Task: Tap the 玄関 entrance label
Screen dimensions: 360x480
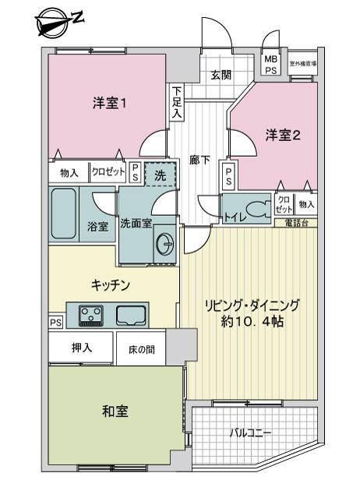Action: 221,75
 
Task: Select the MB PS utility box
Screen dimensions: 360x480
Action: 271,65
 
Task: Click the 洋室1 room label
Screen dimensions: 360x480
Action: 109,103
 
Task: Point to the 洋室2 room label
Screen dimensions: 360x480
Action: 283,135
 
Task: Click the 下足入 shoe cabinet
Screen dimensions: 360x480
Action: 176,102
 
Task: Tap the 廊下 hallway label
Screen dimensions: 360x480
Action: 199,160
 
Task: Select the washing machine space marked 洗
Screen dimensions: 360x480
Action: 160,175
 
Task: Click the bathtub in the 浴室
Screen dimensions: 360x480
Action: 64,214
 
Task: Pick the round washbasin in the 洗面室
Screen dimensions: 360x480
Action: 164,244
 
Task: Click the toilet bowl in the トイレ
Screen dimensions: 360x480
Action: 258,209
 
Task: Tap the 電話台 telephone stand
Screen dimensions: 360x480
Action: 296,223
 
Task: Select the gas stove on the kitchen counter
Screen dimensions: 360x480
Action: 91,316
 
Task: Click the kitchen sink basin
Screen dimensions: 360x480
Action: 130,316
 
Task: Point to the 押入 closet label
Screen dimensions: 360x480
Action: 82,348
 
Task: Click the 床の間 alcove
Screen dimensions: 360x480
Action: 141,348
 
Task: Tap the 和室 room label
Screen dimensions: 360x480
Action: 115,411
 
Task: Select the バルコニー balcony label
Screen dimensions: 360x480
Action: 250,433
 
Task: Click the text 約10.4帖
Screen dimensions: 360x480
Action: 252,321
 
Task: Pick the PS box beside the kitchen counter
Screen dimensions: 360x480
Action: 56,323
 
